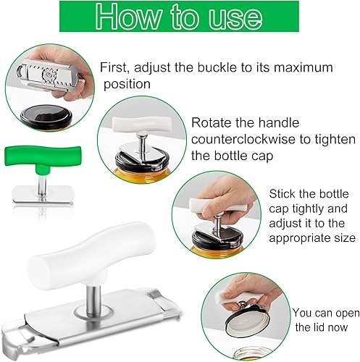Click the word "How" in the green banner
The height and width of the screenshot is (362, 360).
[128, 17]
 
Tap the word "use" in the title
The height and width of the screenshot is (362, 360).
[235, 18]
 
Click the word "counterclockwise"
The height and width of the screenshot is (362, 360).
[243, 139]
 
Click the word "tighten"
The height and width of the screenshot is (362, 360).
[335, 140]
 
